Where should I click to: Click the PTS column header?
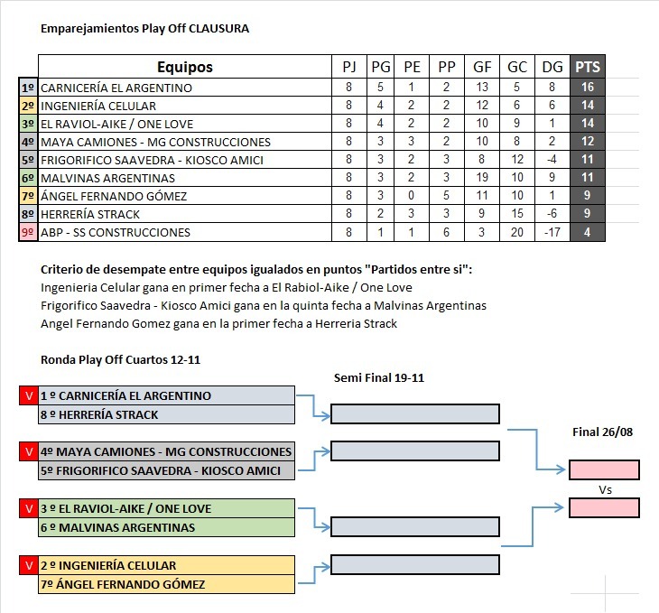(588, 67)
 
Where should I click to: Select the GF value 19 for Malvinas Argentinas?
(482, 178)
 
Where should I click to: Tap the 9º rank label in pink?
(28, 232)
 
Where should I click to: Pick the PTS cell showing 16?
(588, 87)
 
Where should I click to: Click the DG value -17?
(552, 232)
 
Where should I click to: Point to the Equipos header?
(185, 67)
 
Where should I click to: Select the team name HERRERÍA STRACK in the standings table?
(90, 215)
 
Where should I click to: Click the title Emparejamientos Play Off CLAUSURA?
(145, 29)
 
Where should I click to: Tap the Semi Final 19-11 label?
(379, 377)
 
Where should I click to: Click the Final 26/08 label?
(603, 432)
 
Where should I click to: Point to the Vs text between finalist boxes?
(605, 490)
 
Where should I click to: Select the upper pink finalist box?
(604, 469)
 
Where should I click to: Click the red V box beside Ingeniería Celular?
(29, 565)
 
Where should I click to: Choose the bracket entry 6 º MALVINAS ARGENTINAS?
(117, 527)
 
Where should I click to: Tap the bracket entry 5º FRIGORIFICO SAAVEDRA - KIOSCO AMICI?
(161, 470)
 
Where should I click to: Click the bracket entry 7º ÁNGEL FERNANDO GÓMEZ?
(123, 584)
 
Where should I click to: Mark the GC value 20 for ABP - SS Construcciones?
(517, 232)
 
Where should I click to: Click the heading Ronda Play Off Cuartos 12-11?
(121, 360)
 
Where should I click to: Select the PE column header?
(412, 67)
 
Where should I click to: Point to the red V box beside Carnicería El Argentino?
(29, 395)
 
